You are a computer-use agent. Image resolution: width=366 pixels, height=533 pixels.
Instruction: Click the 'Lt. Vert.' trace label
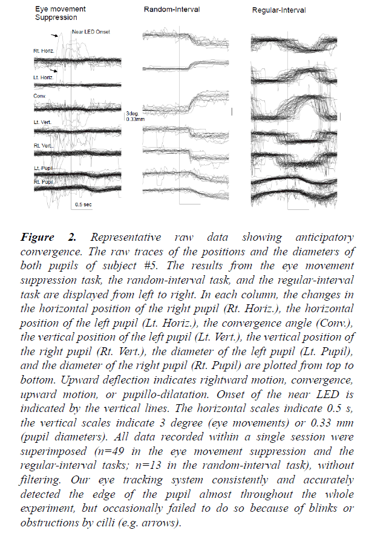(x=44, y=122)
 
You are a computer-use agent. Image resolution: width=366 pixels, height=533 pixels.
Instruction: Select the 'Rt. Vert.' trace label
(x=44, y=145)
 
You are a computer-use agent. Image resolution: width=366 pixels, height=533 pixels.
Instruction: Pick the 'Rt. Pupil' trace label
(x=44, y=181)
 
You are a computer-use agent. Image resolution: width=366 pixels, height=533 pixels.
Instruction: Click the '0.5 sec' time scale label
(x=83, y=204)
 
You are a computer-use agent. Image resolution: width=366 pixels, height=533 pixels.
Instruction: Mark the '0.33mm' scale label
(x=134, y=119)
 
